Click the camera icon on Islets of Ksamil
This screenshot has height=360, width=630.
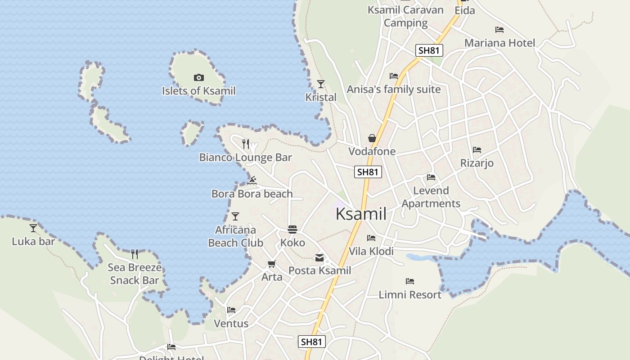click(198, 78)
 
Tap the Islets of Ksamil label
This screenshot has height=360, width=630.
click(198, 91)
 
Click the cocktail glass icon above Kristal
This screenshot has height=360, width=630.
click(320, 84)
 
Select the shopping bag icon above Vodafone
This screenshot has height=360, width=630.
click(372, 138)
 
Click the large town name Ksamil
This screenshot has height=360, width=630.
click(361, 214)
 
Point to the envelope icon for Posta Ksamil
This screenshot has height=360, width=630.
click(319, 258)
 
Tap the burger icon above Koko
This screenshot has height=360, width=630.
click(292, 229)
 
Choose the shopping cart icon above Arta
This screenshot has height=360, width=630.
click(271, 264)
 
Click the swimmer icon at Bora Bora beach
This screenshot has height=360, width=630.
click(252, 180)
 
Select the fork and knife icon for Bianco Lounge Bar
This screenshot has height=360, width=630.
click(245, 144)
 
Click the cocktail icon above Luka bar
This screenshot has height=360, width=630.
click(33, 228)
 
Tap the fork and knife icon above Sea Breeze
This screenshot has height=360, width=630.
click(134, 254)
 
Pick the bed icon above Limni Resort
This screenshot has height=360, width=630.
click(409, 281)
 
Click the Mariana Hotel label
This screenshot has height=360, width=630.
click(499, 43)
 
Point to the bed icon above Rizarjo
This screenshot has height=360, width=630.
click(477, 149)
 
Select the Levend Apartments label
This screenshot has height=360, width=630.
click(431, 197)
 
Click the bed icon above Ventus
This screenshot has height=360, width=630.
click(231, 310)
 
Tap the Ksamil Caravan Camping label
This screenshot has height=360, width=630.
click(405, 16)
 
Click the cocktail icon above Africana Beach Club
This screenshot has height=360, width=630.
click(235, 216)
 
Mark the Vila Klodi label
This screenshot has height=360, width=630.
click(371, 251)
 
